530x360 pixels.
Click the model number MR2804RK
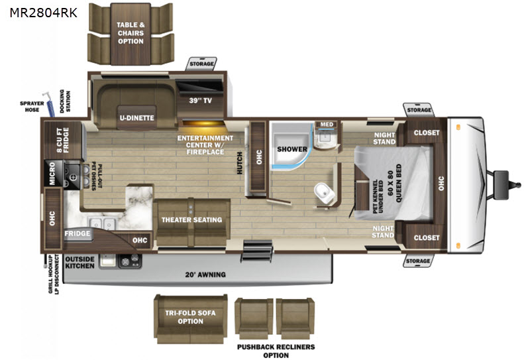(x=44, y=13)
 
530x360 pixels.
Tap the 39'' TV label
(x=201, y=101)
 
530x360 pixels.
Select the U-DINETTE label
(x=137, y=118)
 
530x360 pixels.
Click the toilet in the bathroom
(x=325, y=193)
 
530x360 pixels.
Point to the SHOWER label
(x=292, y=149)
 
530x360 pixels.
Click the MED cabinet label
(x=327, y=125)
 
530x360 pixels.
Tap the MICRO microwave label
(x=52, y=173)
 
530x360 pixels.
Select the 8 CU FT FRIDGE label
(x=63, y=140)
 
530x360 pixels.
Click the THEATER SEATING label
(x=191, y=220)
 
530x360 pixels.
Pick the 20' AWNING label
(x=205, y=274)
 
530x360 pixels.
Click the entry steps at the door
(x=256, y=251)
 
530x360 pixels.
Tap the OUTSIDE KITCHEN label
(x=79, y=263)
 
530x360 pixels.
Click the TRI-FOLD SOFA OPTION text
(x=190, y=317)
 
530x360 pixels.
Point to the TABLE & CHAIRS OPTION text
(x=131, y=33)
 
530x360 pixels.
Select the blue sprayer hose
(x=49, y=104)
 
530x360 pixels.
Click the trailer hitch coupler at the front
(x=507, y=184)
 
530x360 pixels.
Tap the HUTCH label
(x=240, y=163)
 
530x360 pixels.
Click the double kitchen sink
(x=101, y=223)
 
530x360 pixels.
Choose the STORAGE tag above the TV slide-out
(x=201, y=64)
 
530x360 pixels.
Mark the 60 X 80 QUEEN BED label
(x=394, y=183)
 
